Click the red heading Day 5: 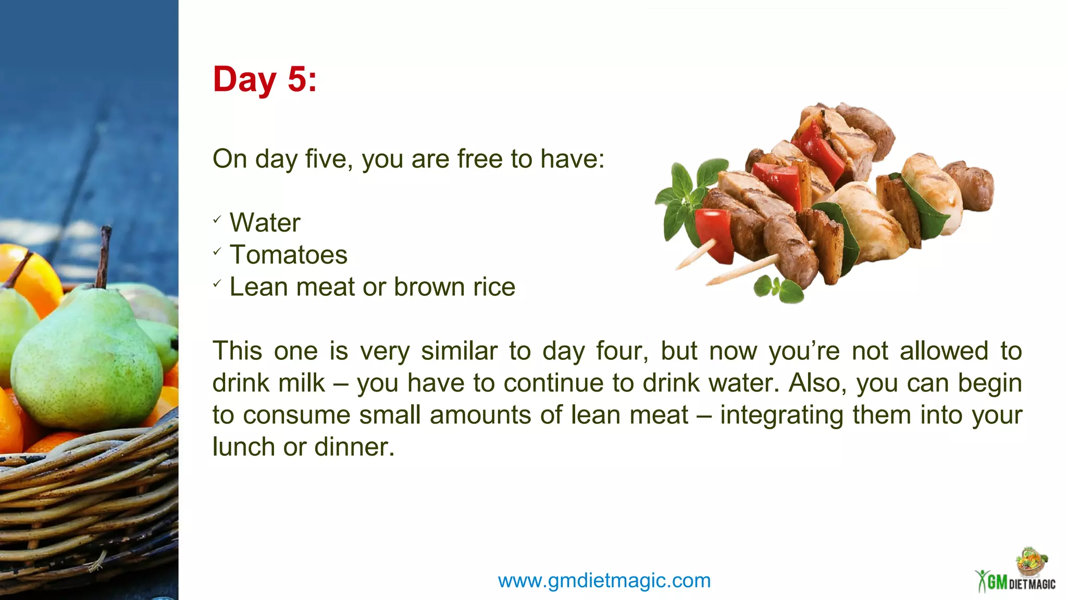(265, 80)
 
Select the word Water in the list (265, 223)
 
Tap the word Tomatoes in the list (288, 255)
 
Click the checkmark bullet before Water (217, 220)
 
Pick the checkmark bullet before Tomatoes (217, 252)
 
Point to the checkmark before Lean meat (217, 284)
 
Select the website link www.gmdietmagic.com (604, 580)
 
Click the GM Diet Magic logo (1016, 573)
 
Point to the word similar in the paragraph (459, 351)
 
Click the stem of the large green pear (104, 255)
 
